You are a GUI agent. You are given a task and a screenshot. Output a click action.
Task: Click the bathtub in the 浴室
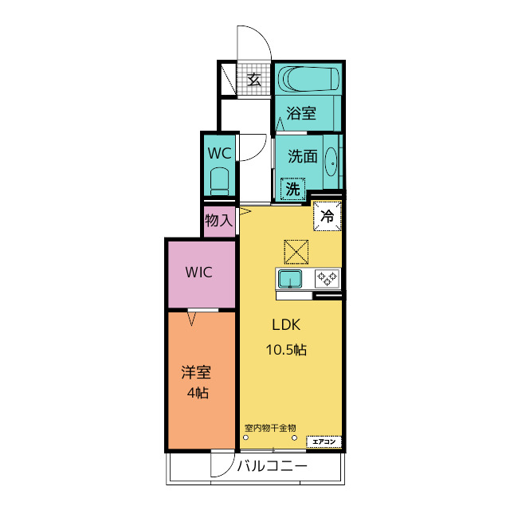pyautogui.click(x=308, y=79)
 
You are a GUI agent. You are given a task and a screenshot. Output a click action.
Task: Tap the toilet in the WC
pyautogui.click(x=220, y=182)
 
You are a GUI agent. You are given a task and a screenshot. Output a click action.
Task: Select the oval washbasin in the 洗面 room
pyautogui.click(x=331, y=162)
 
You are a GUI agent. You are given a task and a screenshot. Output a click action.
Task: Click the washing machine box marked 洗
pyautogui.click(x=292, y=189)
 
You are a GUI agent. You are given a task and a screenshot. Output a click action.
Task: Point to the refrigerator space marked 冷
pyautogui.click(x=328, y=216)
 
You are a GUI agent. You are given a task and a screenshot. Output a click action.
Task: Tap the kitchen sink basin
pyautogui.click(x=290, y=280)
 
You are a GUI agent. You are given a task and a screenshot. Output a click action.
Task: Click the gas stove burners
pyautogui.click(x=328, y=279)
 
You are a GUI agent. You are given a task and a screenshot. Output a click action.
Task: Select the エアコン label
pyautogui.click(x=324, y=441)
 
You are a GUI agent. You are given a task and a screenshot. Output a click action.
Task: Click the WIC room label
pyautogui.click(x=198, y=273)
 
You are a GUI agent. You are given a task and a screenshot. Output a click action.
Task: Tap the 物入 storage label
pyautogui.click(x=219, y=221)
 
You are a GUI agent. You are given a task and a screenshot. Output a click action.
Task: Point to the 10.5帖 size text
pyautogui.click(x=286, y=350)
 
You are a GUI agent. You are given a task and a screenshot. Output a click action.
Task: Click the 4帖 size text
pyautogui.click(x=198, y=393)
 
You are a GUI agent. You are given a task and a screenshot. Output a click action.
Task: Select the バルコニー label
pyautogui.click(x=272, y=466)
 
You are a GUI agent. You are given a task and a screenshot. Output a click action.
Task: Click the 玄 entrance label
pyautogui.click(x=253, y=80)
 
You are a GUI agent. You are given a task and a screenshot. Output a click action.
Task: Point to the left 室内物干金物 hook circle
pyautogui.click(x=246, y=437)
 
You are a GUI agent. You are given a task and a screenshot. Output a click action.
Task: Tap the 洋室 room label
pyautogui.click(x=196, y=372)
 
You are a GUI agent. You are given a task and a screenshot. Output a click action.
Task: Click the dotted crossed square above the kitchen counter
pyautogui.click(x=296, y=252)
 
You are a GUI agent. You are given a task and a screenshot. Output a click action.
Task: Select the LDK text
pyautogui.click(x=286, y=324)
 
